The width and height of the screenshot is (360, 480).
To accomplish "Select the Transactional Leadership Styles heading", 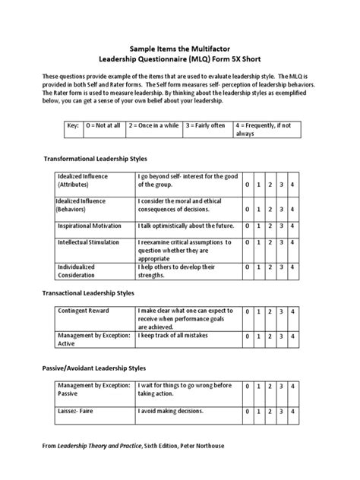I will pyautogui.click(x=87, y=292).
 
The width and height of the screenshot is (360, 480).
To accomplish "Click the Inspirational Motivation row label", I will pyautogui.click(x=90, y=226).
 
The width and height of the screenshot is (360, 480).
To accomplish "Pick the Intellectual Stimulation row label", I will pyautogui.click(x=89, y=242).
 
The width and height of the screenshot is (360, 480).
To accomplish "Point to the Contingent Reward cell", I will pyautogui.click(x=84, y=311).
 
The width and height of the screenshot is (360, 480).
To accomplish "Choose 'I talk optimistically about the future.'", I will pyautogui.click(x=185, y=226).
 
